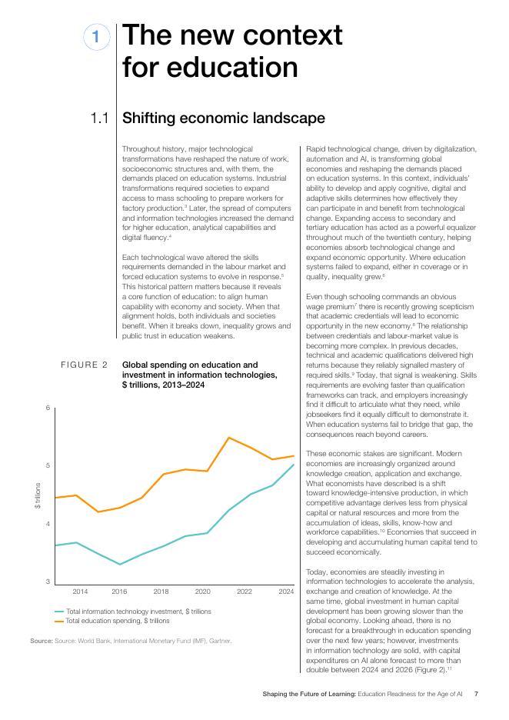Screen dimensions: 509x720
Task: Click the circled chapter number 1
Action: [96, 37]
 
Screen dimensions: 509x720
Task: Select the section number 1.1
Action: [100, 118]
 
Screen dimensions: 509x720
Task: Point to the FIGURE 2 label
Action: [84, 365]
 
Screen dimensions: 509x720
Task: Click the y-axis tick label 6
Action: [48, 407]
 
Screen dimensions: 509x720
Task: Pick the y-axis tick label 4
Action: [48, 524]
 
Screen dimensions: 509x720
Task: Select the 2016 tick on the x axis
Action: [119, 592]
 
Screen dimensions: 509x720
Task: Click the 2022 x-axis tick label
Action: [245, 592]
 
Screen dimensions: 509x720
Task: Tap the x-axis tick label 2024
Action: [286, 592]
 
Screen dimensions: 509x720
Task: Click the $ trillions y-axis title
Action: [38, 495]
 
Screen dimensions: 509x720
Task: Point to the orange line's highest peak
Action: [228, 437]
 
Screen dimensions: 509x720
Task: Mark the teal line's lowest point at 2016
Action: [120, 565]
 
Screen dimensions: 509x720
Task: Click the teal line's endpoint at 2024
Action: [294, 465]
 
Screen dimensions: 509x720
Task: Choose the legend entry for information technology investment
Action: [133, 612]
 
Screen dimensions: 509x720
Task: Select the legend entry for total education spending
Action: [111, 621]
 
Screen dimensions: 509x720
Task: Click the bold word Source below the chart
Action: [42, 641]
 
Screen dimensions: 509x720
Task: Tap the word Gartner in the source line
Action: [220, 641]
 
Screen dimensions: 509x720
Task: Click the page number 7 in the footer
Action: [476, 694]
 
